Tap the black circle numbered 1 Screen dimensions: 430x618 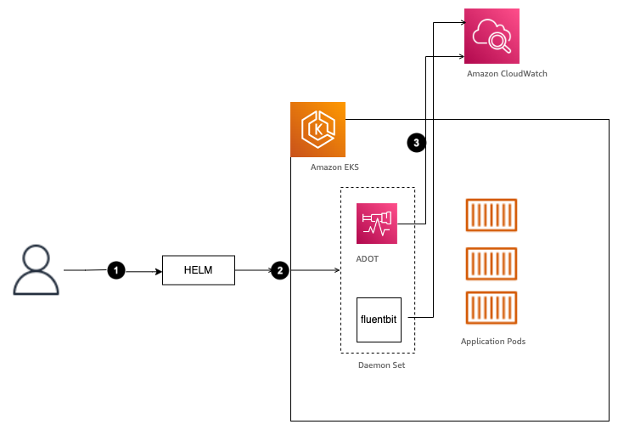(x=116, y=270)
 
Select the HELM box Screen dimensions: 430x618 (x=198, y=270)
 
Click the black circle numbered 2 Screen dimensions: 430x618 (x=278, y=270)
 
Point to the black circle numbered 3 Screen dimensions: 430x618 (x=416, y=143)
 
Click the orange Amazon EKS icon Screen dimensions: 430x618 (x=317, y=129)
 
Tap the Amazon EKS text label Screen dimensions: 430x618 (x=334, y=167)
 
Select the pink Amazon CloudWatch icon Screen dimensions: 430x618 (x=492, y=36)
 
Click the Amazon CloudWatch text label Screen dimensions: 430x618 (x=507, y=74)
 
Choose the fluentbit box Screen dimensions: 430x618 (x=379, y=320)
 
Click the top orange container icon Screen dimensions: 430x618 (x=491, y=216)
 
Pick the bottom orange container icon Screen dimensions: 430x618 (x=491, y=308)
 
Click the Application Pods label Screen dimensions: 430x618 (x=493, y=341)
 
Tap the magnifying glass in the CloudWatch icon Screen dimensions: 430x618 (x=501, y=40)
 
